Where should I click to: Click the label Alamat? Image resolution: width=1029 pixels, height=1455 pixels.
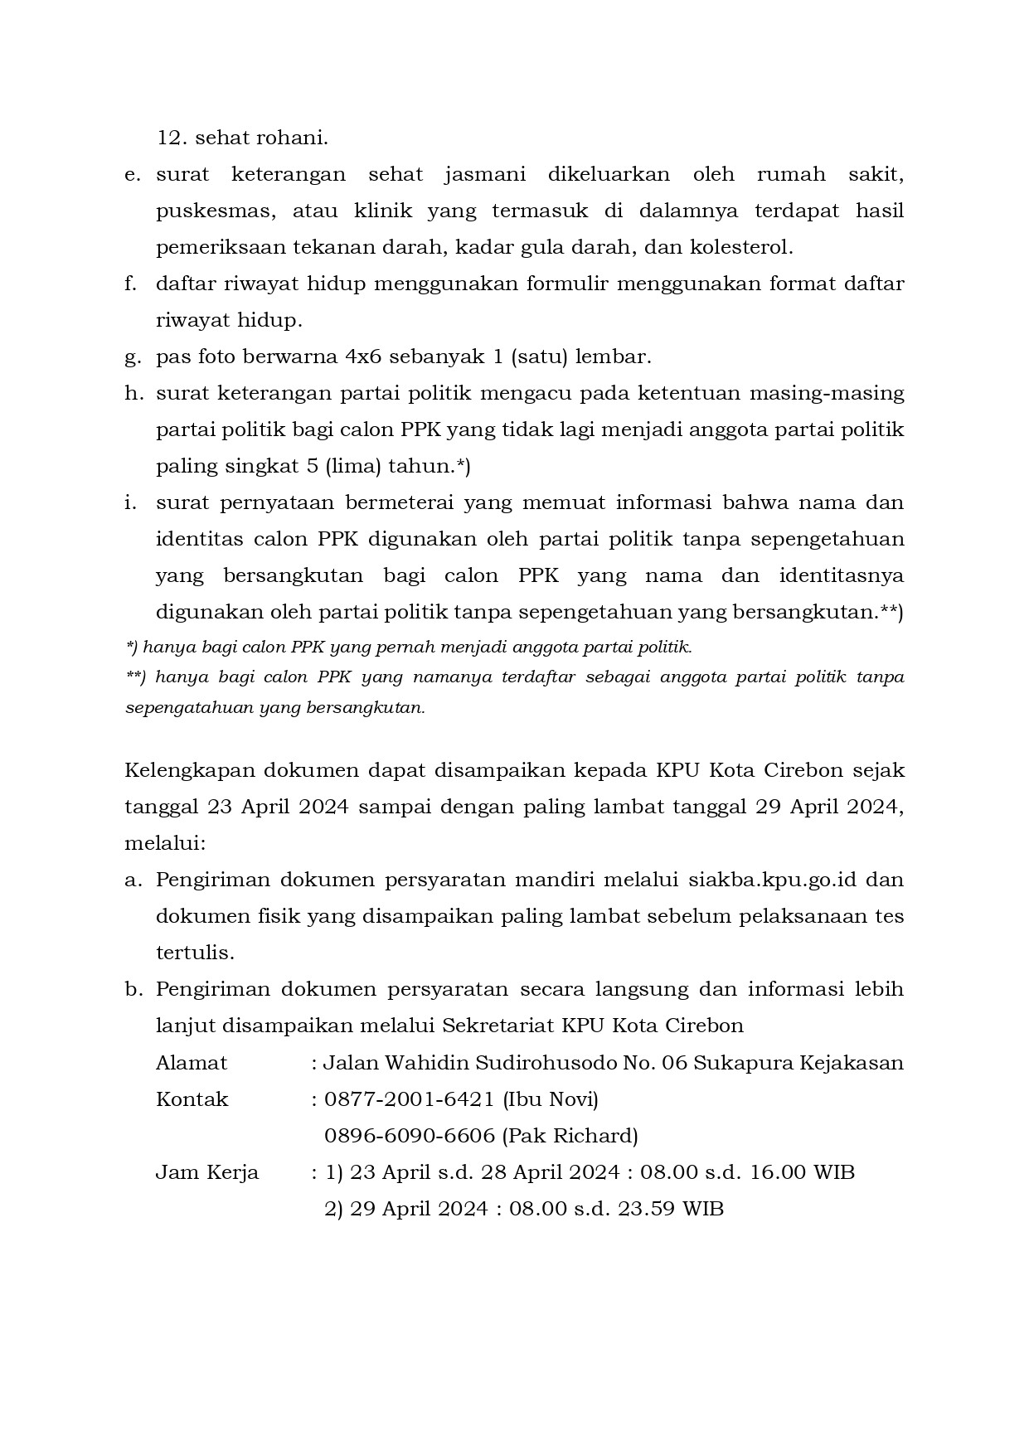(192, 1063)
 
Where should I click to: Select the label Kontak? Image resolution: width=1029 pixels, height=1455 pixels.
(192, 1099)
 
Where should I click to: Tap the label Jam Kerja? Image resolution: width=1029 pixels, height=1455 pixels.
(207, 1172)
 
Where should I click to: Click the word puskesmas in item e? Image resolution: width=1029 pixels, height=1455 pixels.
(212, 211)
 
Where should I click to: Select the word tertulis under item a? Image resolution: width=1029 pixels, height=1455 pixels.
(195, 953)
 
